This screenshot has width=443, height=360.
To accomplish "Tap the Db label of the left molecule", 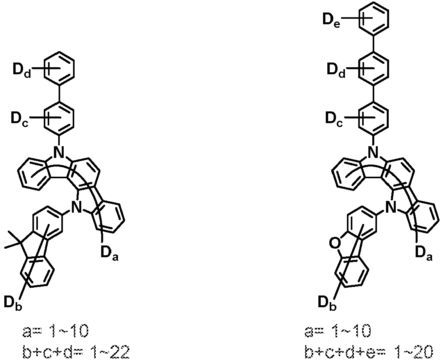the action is coord(13,303).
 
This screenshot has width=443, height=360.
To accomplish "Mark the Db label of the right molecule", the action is coord(327,303).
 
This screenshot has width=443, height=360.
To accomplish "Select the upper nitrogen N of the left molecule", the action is coord(59,152).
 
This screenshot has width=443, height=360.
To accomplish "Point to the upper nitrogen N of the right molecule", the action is coord(373,152).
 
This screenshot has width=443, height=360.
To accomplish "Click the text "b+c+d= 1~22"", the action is coord(76,352).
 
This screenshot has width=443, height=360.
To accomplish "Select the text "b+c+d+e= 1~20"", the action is coord(369,352).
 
